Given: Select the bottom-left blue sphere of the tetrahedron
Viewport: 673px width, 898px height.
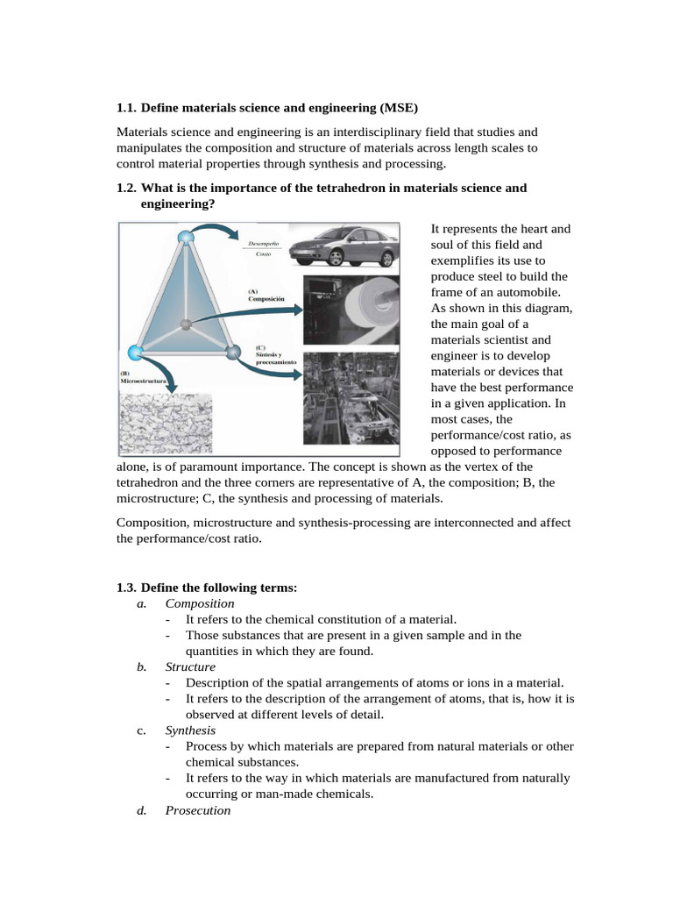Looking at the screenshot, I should click(x=135, y=353).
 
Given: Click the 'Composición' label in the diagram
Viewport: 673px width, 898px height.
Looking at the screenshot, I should click(x=266, y=298).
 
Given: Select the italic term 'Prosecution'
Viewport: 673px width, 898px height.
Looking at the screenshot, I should click(x=197, y=810).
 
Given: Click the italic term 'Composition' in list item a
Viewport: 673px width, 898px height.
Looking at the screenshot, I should click(x=199, y=603).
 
